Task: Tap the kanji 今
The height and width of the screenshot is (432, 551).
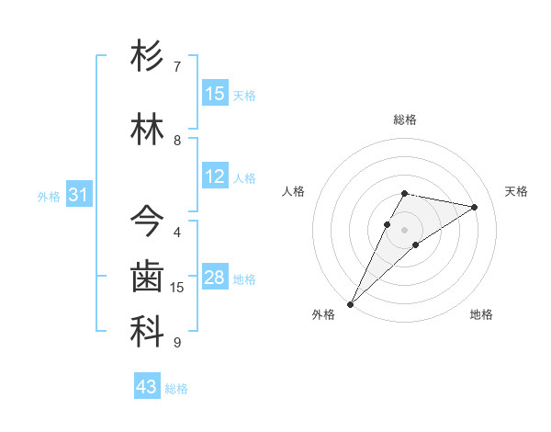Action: coord(147,221)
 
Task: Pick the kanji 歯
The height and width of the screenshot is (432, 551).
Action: coord(147,277)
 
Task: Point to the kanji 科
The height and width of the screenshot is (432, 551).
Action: coord(147,332)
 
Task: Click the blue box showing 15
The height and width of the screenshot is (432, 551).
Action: coord(215,94)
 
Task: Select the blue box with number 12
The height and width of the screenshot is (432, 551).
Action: coord(215,176)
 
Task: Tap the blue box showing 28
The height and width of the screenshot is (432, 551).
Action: coord(215,278)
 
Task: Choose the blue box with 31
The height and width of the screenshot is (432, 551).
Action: coord(78,196)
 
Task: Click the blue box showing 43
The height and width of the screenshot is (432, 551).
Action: coord(147,387)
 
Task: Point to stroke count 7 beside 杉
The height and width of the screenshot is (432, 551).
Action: coord(177,67)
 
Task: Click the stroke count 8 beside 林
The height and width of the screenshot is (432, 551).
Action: coord(177,141)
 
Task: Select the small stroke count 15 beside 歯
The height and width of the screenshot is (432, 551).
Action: coord(177,288)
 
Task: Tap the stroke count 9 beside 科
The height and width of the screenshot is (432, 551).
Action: coord(177,343)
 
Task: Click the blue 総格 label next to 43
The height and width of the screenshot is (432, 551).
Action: coord(176,389)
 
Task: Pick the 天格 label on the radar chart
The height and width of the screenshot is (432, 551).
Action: coord(516,191)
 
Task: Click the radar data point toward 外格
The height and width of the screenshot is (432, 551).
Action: coord(351,303)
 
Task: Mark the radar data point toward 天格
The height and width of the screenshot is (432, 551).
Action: coord(475,207)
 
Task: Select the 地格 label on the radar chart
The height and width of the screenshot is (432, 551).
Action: coord(481,314)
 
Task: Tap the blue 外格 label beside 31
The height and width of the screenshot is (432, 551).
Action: coord(49,197)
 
